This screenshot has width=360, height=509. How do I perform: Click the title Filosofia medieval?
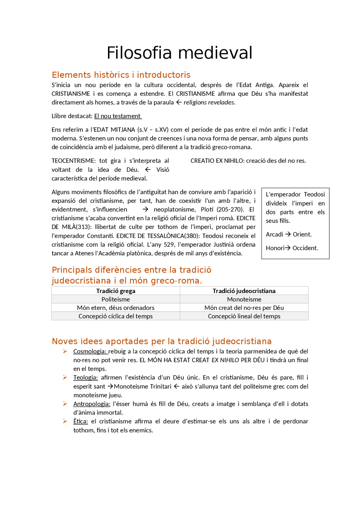[179, 53]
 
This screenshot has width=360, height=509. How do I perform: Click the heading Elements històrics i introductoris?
[121, 75]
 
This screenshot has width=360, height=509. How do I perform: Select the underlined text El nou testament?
[118, 116]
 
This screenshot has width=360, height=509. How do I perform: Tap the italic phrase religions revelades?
[209, 102]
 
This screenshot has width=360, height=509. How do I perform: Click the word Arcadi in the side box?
[274, 234]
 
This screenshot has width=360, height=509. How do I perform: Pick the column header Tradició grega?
[116, 291]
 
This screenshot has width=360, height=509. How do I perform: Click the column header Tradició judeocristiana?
[244, 291]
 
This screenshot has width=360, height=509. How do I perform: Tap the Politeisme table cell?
[116, 299]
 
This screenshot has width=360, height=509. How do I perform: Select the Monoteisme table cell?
[244, 299]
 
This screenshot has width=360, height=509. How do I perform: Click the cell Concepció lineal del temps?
[244, 316]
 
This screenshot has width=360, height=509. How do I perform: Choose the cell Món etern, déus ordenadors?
[116, 308]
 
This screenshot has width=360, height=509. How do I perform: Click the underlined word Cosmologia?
[90, 351]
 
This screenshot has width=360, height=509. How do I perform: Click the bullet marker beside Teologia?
[65, 377]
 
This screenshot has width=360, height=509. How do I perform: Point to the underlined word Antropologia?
[92, 404]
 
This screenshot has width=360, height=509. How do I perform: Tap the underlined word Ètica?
[80, 421]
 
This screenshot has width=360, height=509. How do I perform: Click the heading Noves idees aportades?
[161, 341]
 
